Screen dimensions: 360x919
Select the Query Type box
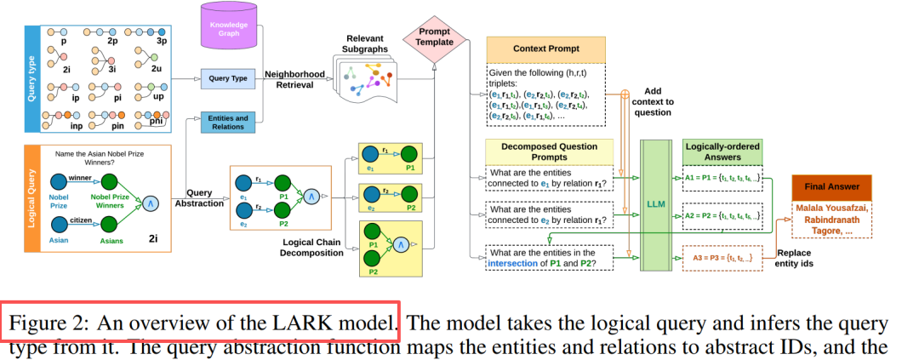click(x=228, y=79)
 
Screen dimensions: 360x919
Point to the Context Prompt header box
click(x=545, y=49)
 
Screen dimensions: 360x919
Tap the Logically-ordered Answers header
click(x=722, y=151)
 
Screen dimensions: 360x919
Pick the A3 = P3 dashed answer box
click(x=722, y=256)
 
